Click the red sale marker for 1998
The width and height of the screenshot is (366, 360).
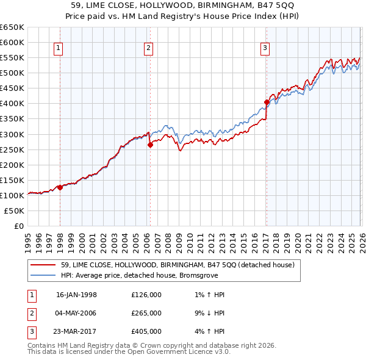60,187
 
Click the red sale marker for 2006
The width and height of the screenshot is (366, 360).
150,145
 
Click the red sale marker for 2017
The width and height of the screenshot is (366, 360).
267,102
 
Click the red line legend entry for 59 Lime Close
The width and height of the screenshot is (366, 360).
178,265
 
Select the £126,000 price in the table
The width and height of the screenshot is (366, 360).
146,294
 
